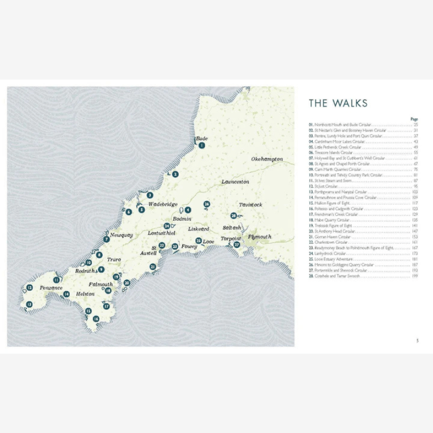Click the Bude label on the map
tap(201, 138)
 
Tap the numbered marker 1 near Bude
tap(201, 145)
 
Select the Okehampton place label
tap(267, 159)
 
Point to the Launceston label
tap(235, 182)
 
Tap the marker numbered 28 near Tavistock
tap(234, 215)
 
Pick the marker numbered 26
tap(207, 204)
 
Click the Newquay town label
tap(121, 235)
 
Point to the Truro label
tap(114, 260)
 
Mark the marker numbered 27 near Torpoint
tap(237, 245)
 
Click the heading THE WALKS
tap(338, 103)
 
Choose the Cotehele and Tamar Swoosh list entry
tap(335, 276)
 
